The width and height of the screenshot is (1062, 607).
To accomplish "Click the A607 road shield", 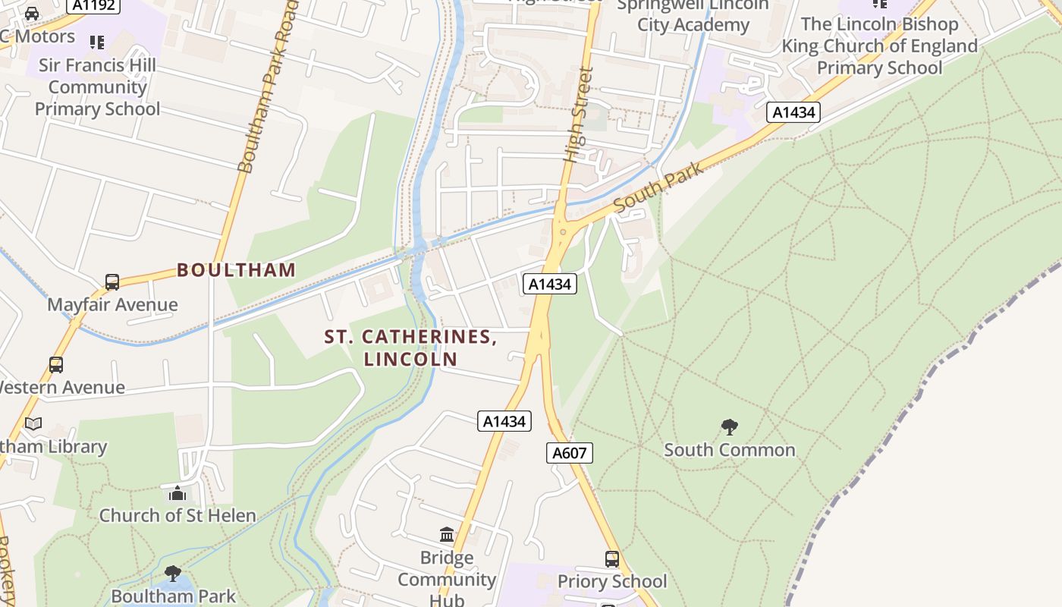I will (569, 453).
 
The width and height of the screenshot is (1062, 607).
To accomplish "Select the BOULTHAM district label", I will (236, 270).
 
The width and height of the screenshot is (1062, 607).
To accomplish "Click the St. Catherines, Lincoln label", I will (410, 348).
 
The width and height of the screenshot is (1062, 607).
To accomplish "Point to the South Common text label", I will (729, 450).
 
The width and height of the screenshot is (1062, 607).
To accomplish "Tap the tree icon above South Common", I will (729, 427).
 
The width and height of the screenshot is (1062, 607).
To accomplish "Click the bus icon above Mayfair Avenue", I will (112, 282).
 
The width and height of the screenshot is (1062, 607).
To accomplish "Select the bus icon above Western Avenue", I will (56, 365).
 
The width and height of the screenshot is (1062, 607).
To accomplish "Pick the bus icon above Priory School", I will (611, 559).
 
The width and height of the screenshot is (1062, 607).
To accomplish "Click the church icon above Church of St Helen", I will (178, 493).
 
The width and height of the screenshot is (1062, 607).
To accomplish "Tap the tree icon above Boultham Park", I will (173, 573).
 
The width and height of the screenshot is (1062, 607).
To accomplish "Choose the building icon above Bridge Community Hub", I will (447, 535).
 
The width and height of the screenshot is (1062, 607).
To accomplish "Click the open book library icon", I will (33, 424).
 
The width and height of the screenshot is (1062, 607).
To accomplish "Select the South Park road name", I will (658, 187).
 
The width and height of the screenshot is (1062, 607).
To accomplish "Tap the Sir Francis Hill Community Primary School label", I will (97, 86).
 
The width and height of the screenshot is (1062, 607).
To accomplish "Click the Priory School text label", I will (611, 582).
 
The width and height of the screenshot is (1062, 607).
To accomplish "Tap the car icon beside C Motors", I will (32, 14).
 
